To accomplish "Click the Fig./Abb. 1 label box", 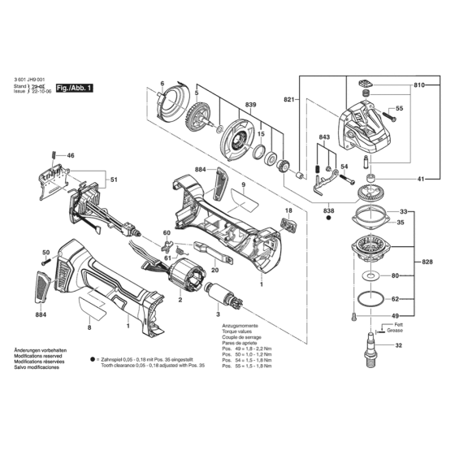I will pyautogui.click(x=73, y=86).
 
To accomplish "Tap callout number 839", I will pyautogui.click(x=227, y=106).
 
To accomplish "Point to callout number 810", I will pyautogui.click(x=418, y=84).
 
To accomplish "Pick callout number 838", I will pyautogui.click(x=328, y=211).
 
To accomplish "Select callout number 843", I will pyautogui.click(x=324, y=136).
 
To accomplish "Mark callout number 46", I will pyautogui.click(x=71, y=155).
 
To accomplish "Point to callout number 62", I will pyautogui.click(x=395, y=298).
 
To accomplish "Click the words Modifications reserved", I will pyautogui.click(x=38, y=355).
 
